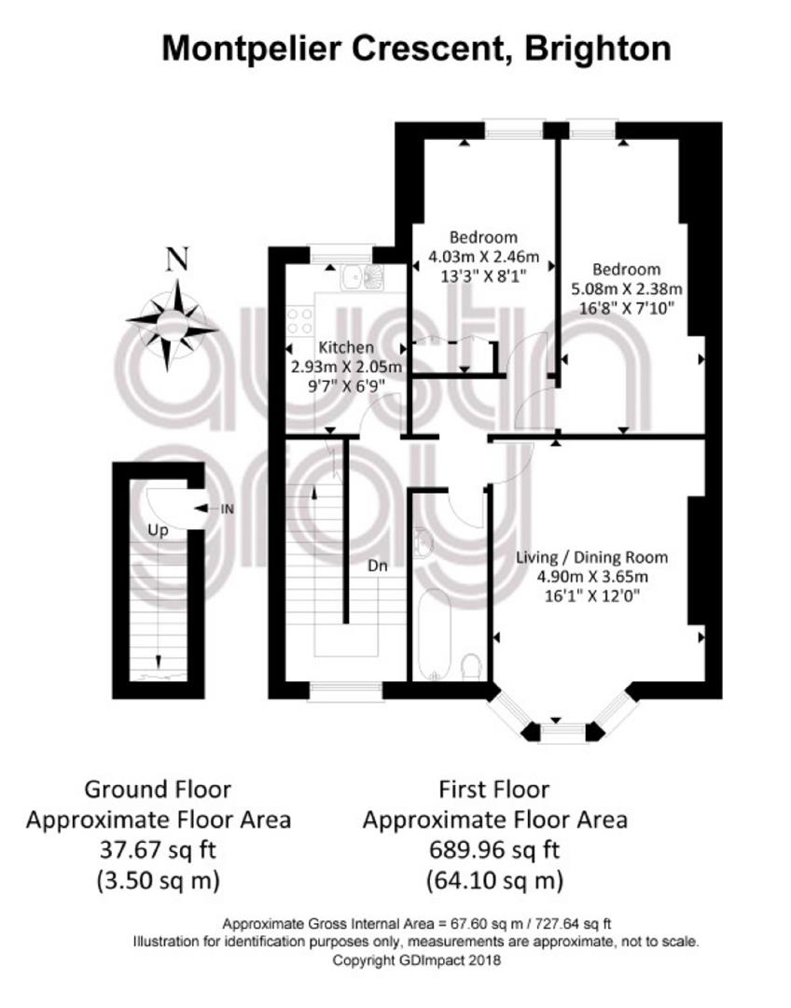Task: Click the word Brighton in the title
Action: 598,49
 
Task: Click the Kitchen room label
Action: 346,348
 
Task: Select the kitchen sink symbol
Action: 363,277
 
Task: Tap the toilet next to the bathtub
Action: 472,666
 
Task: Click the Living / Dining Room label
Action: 591,557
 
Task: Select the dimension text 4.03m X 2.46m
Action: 484,258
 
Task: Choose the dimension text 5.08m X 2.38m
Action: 627,289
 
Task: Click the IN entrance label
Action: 227,510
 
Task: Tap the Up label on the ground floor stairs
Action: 158,530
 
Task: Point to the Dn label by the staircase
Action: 377,566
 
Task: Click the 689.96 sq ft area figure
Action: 494,850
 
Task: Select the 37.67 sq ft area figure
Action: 158,850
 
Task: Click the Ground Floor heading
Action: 158,790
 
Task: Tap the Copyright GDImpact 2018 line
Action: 416,960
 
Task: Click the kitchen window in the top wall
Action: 341,254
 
